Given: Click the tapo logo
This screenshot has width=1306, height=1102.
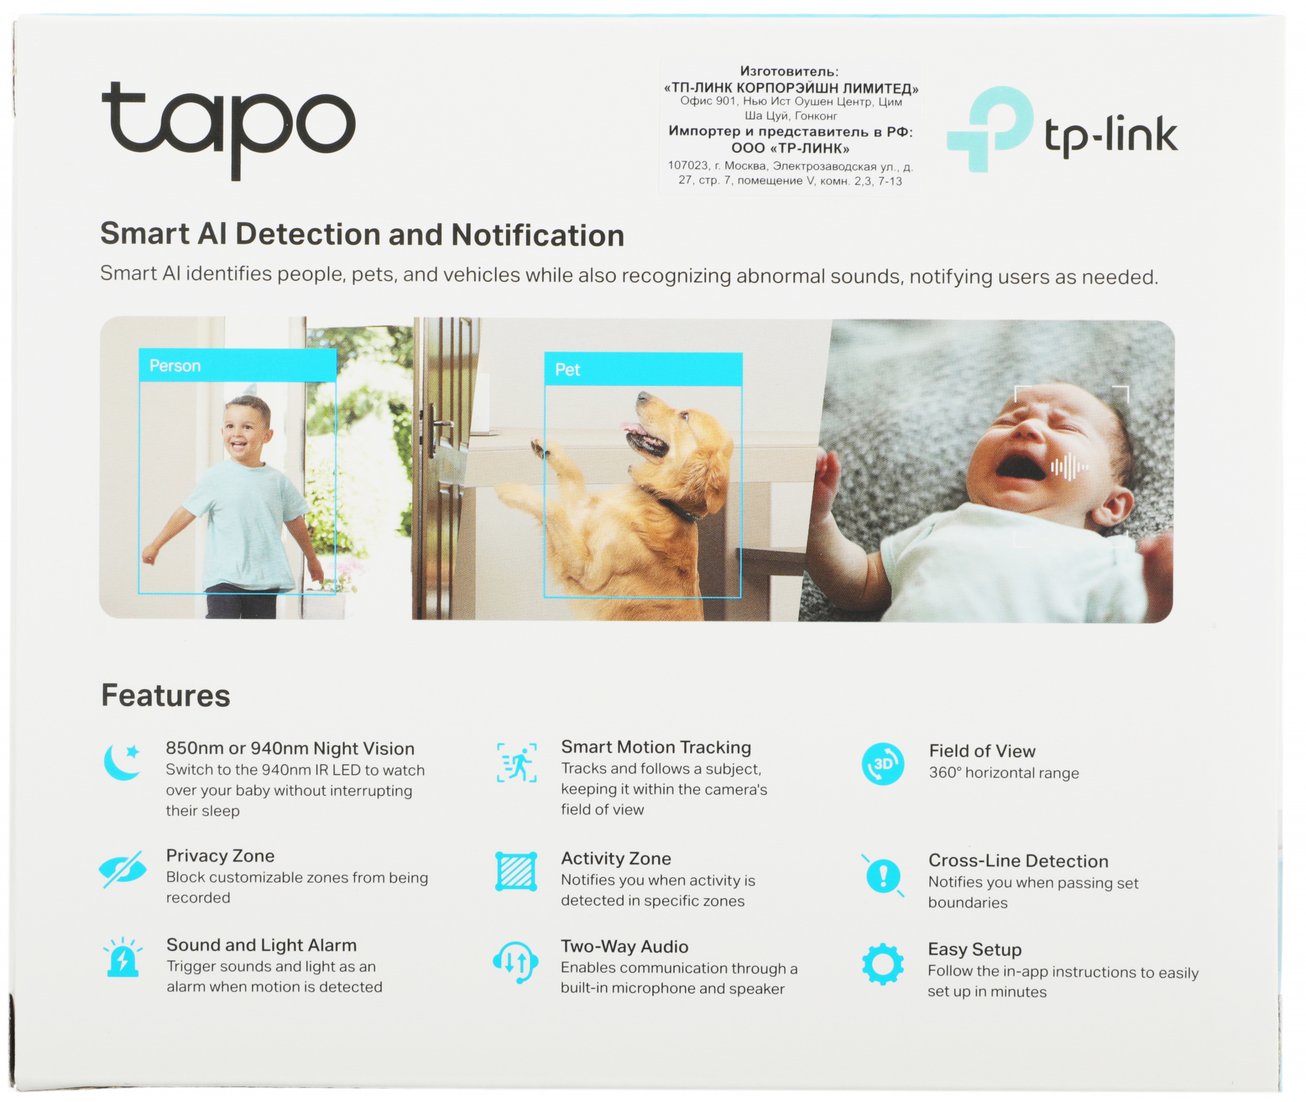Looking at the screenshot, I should click(x=228, y=127).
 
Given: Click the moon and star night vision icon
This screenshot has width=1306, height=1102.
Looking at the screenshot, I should click(x=123, y=762).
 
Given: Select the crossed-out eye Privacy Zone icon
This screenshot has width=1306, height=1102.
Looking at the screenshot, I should click(x=123, y=869).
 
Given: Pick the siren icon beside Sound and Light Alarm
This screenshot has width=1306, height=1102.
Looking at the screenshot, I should click(x=123, y=958).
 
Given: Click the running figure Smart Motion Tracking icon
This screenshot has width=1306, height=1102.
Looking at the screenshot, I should click(x=517, y=762).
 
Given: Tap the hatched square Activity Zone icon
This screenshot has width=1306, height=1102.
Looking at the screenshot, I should click(x=516, y=871).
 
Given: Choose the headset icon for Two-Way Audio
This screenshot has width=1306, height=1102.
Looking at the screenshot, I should click(x=516, y=962).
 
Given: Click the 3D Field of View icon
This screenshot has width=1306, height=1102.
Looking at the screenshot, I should click(x=883, y=764).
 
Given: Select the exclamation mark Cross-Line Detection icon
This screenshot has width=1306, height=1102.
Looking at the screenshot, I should click(x=883, y=875).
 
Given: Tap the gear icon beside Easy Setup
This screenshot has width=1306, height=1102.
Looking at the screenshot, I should click(x=883, y=964).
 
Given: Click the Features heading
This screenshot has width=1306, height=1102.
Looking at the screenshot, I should click(x=166, y=696).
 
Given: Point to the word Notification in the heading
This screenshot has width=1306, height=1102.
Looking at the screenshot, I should click(x=537, y=235).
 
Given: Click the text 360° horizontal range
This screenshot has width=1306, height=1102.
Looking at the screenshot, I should click(x=1004, y=773).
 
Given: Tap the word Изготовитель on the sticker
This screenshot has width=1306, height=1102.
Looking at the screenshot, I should click(x=789, y=71).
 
